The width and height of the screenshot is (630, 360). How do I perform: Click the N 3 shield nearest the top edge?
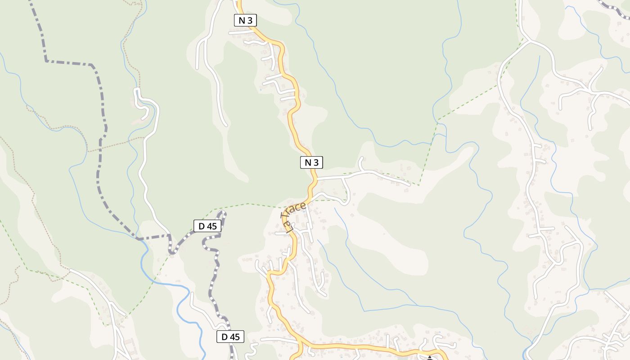[246, 20]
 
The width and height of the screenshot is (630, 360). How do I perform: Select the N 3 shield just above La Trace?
[311, 162]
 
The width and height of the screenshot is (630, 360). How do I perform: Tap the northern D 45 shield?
[207, 226]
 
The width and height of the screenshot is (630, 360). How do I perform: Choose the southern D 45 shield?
[230, 337]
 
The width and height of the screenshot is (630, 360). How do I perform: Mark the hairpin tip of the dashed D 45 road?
[223, 213]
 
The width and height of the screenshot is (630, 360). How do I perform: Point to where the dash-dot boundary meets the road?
[170, 235]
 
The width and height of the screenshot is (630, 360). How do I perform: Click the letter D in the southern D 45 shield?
[224, 337]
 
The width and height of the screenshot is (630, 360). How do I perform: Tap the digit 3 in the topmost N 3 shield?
[250, 20]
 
